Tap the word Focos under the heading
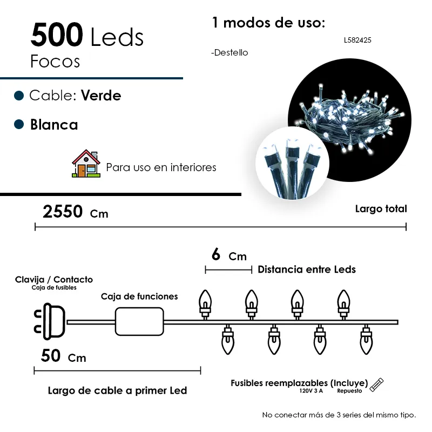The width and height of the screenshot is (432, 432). (55, 61)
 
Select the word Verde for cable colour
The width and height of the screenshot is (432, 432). (101, 96)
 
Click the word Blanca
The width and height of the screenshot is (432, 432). (54, 125)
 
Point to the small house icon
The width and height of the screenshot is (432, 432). (86, 164)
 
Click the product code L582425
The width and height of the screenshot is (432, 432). (357, 40)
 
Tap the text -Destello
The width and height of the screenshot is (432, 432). (230, 53)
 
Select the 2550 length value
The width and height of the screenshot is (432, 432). (63, 212)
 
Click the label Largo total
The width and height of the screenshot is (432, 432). (381, 209)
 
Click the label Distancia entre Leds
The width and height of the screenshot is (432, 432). (307, 269)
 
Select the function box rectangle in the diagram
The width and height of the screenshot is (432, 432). (139, 322)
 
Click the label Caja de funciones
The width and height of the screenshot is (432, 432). (139, 296)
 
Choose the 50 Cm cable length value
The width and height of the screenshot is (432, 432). (63, 356)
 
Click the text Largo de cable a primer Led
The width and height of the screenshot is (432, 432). (117, 390)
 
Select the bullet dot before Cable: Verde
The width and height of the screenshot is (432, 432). (19, 96)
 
